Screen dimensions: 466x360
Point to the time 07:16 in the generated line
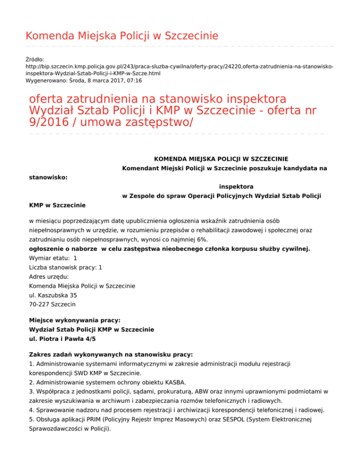point(134,81)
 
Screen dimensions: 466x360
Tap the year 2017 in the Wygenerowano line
point(113,81)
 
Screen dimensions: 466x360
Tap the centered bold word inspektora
point(236,187)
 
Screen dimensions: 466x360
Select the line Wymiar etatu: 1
point(53,258)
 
